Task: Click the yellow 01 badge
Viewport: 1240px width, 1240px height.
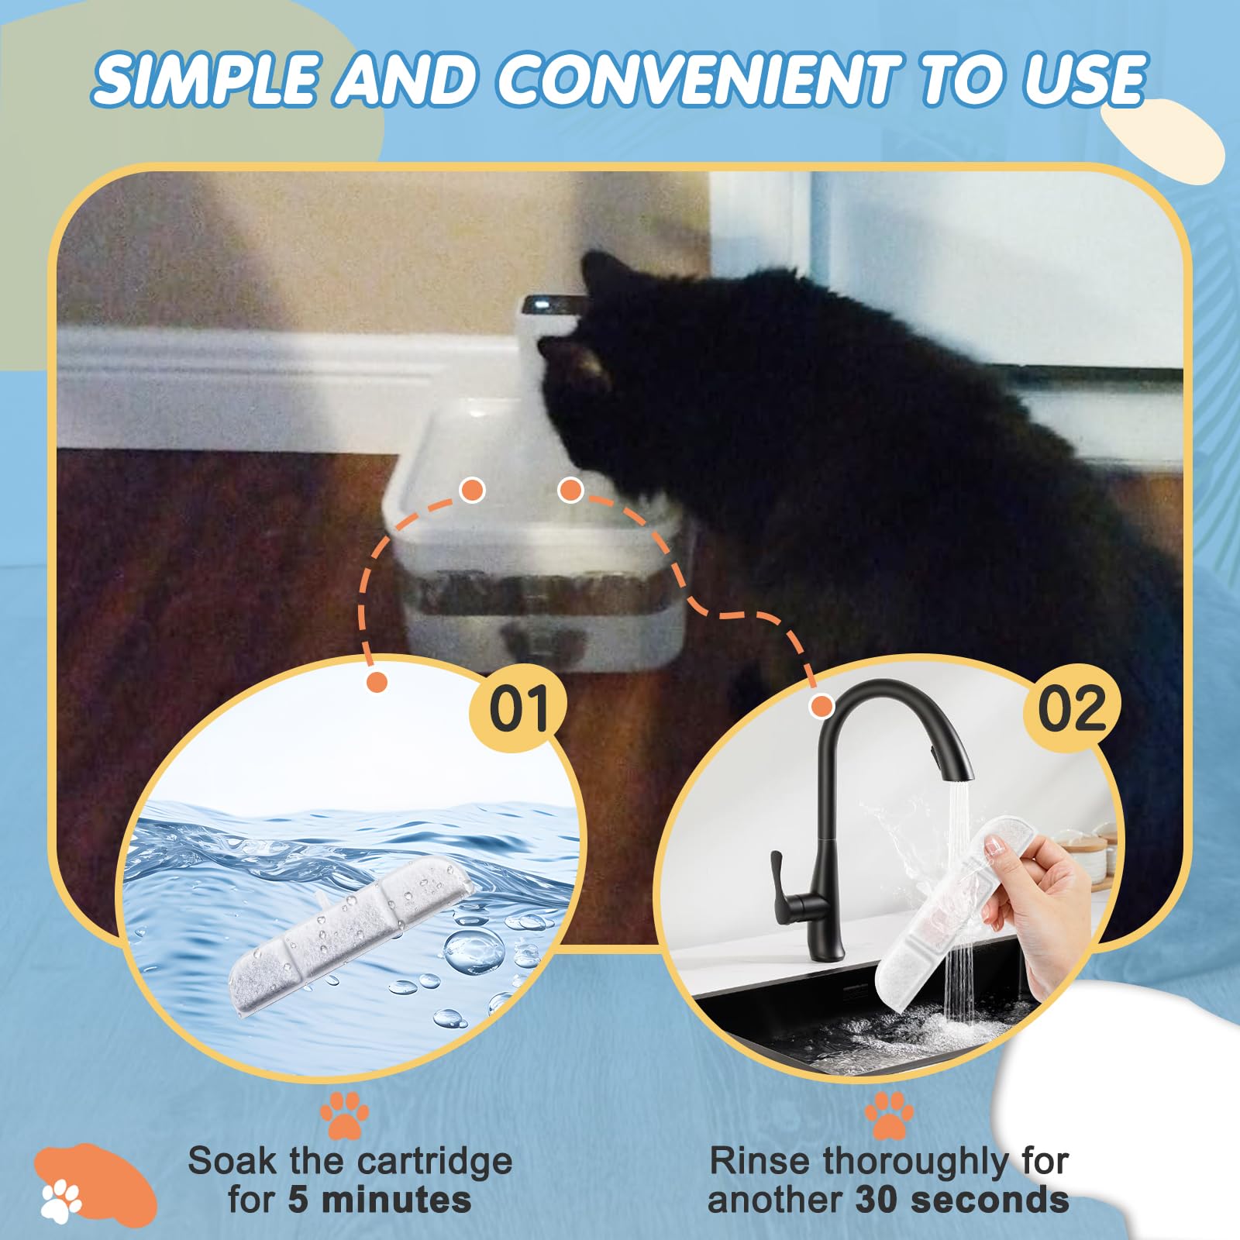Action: point(518,708)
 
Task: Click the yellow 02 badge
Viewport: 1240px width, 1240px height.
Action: point(1072,708)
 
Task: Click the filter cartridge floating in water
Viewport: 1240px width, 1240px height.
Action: point(349,938)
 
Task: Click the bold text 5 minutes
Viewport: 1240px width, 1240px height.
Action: point(380,1200)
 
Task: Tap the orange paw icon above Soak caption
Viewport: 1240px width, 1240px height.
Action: point(344,1114)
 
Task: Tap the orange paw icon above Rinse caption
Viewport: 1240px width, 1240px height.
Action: point(889,1114)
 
